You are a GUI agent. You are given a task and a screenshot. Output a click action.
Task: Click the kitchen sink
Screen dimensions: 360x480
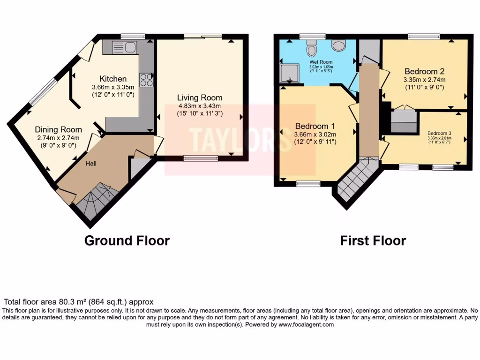[x=124, y=47]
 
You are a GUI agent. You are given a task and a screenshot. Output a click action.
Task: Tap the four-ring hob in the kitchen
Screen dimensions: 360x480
[x=145, y=80]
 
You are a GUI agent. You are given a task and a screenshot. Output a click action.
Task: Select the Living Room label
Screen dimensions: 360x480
[x=200, y=97]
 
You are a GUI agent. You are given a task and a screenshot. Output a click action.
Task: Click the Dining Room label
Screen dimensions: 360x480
[x=58, y=129]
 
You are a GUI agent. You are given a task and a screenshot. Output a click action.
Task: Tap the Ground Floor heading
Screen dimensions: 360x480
[x=127, y=240]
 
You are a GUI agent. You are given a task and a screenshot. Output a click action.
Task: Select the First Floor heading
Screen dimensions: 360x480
[x=373, y=240]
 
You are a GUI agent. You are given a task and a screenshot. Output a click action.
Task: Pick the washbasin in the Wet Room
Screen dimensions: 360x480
[x=338, y=45]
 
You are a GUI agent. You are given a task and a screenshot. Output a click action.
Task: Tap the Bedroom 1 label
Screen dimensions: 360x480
[x=315, y=126]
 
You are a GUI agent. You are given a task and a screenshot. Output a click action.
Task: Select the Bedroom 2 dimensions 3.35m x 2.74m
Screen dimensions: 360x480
[x=424, y=80]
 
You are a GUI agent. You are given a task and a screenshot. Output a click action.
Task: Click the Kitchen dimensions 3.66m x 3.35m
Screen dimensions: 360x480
[x=113, y=87]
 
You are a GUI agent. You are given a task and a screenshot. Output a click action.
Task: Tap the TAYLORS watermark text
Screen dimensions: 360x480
[x=240, y=139]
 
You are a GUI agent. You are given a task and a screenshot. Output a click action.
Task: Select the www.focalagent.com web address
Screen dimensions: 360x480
[x=306, y=324]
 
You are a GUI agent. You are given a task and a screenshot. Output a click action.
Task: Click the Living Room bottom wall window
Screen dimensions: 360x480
[x=201, y=159]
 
